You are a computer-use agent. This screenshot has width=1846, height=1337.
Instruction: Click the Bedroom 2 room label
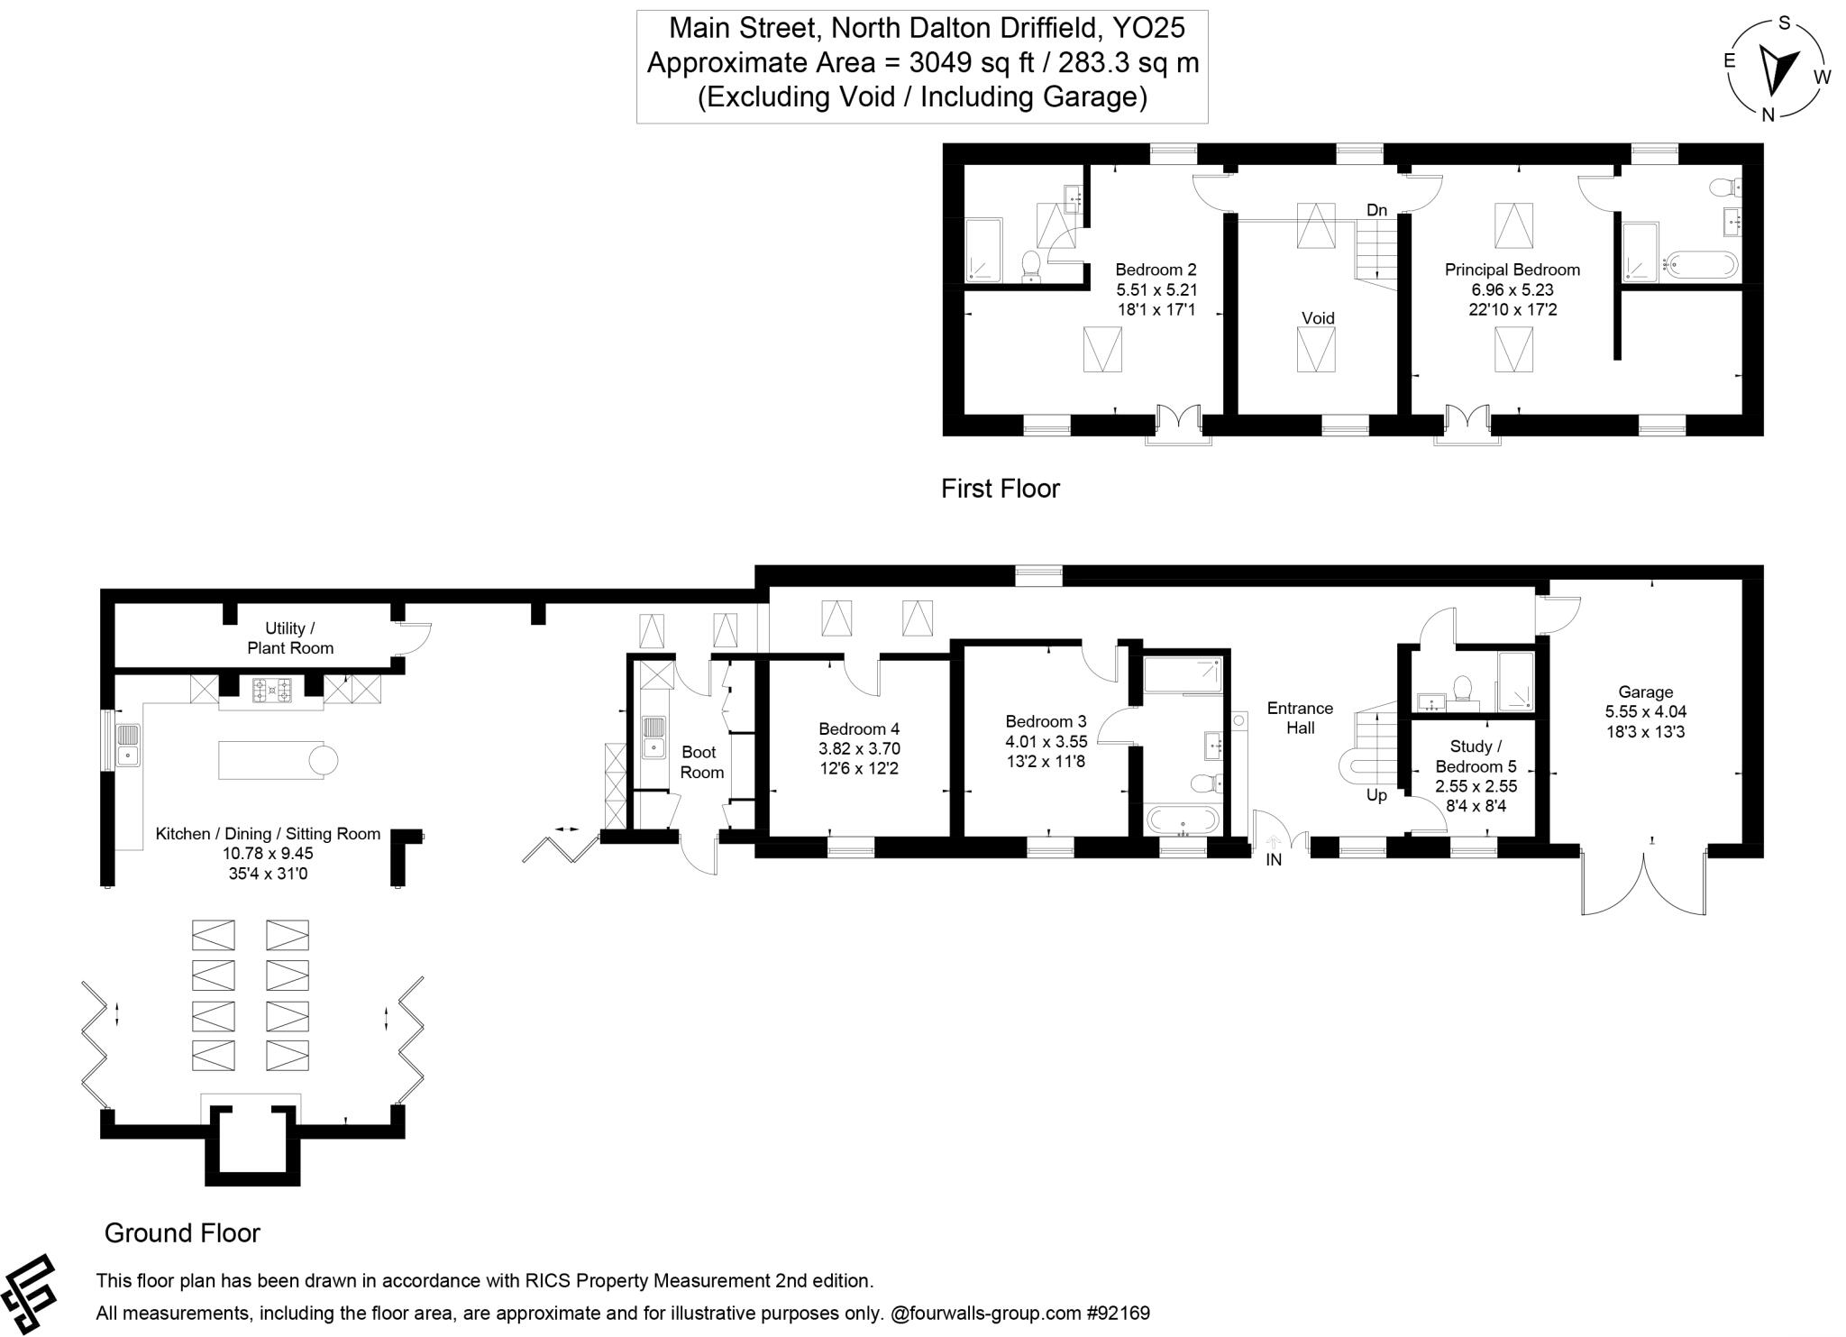pos(1156,270)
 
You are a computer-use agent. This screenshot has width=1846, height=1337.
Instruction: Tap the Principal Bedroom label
pos(1512,270)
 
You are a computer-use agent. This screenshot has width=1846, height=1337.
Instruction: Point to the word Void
pos(1318,318)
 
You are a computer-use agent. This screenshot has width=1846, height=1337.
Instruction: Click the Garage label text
pos(1645,692)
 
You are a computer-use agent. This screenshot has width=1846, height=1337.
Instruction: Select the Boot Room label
pos(700,762)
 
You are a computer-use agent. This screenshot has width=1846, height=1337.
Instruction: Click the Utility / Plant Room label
pos(289,638)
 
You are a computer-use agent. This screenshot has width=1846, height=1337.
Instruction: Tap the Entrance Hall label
pos(1300,718)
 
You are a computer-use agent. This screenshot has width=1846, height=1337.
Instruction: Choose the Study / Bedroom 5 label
pos(1476,756)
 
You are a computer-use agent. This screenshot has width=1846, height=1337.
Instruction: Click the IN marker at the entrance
pos(1274,860)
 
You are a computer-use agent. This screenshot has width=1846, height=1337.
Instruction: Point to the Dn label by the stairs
pos(1376,211)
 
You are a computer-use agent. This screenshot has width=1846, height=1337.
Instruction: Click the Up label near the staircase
pos(1376,796)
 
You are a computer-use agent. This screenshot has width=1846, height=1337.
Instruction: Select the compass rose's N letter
pos(1768,114)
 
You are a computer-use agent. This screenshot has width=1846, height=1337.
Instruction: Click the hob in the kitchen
pos(271,691)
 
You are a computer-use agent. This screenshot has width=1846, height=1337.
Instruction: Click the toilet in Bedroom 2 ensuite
pos(1031,265)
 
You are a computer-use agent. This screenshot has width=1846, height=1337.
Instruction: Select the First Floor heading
pos(1000,489)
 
